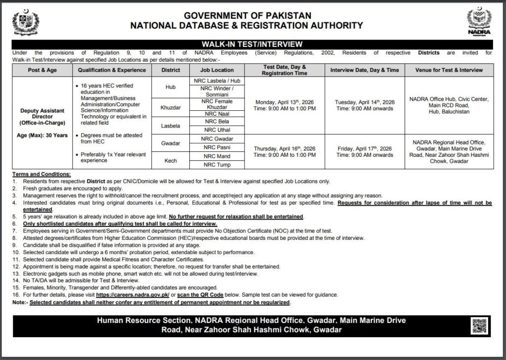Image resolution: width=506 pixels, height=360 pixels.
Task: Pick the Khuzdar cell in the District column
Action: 170,107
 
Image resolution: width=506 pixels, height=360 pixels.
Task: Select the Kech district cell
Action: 170,160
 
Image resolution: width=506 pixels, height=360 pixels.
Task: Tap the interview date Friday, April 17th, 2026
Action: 365,147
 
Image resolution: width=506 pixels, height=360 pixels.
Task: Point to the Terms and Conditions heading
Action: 42,175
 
